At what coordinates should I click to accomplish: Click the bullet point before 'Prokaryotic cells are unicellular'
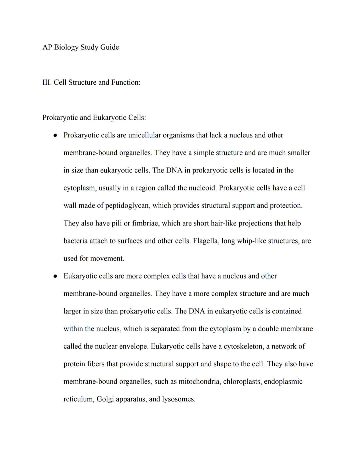pos(55,135)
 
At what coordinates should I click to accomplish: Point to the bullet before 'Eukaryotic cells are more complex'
pos(55,276)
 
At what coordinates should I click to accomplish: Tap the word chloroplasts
pos(242,382)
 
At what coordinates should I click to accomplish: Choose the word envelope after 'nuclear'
pos(133,347)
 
